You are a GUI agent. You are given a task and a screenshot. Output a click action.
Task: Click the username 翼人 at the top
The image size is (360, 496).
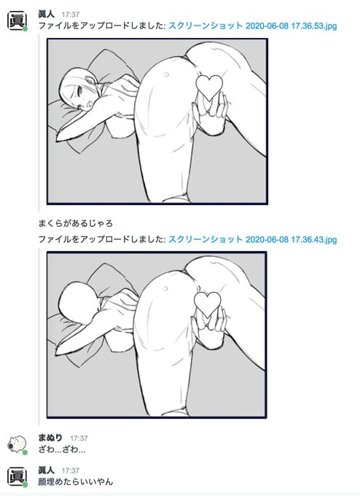coord(47,13)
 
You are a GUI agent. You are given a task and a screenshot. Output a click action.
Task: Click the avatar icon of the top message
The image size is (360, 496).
coord(15,20)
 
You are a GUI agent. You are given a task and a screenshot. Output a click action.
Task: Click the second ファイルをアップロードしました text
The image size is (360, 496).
coord(101,239)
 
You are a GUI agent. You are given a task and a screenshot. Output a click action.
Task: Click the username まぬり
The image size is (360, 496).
coord(51,438)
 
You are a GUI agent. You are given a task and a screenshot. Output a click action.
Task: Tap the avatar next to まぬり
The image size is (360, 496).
coord(16,443)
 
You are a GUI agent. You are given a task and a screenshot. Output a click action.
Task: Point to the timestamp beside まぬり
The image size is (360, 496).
coord(79,438)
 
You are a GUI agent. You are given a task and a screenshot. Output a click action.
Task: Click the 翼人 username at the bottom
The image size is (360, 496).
coord(47,470)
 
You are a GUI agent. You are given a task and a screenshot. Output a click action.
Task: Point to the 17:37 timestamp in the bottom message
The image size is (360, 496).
coord(71,471)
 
